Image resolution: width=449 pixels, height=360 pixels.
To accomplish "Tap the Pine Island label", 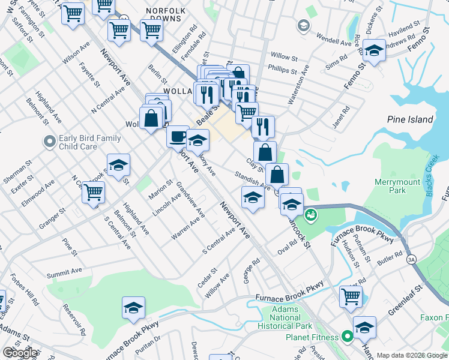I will pos(410,119).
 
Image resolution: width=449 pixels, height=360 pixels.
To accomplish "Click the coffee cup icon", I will pos(178,136).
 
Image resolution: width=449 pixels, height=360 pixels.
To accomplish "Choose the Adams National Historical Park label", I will pos(285,317).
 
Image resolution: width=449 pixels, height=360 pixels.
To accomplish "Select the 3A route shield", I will pos(411,259).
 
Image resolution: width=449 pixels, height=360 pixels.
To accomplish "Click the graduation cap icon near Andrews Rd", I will pos(373,51).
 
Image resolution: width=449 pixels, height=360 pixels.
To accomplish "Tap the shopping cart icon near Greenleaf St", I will pos(351,295).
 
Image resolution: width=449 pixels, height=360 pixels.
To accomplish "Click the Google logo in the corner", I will pos(20,353).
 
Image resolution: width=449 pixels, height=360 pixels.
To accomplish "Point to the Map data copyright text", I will pos(412,355).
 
